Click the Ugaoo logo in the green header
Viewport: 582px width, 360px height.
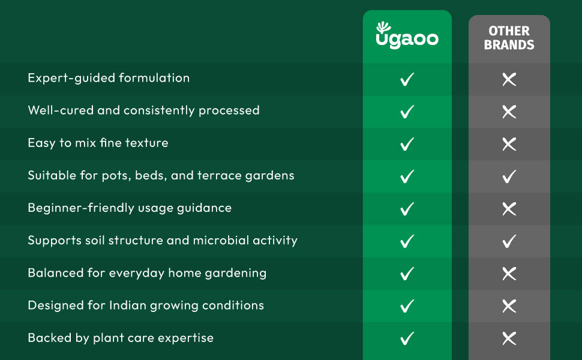407,37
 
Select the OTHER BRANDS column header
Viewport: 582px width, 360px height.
509,38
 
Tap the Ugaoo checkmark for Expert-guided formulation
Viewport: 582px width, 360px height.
407,79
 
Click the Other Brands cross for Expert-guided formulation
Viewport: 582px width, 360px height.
509,79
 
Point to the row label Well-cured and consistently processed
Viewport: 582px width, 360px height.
143,110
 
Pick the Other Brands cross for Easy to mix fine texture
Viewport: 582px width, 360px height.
509,143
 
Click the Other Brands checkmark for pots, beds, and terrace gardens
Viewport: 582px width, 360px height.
509,176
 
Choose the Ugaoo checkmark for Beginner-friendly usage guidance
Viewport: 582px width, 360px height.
407,208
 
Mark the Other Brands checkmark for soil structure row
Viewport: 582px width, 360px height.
509,241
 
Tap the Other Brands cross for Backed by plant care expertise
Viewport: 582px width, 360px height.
509,338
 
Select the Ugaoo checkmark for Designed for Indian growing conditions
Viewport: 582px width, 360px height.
407,305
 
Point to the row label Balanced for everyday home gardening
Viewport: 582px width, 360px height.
147,272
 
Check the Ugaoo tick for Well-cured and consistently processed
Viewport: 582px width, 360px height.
407,111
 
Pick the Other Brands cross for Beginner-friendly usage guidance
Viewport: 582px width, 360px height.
509,208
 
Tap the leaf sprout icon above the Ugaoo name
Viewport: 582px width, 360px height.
383,27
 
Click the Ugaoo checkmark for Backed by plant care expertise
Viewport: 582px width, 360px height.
407,338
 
